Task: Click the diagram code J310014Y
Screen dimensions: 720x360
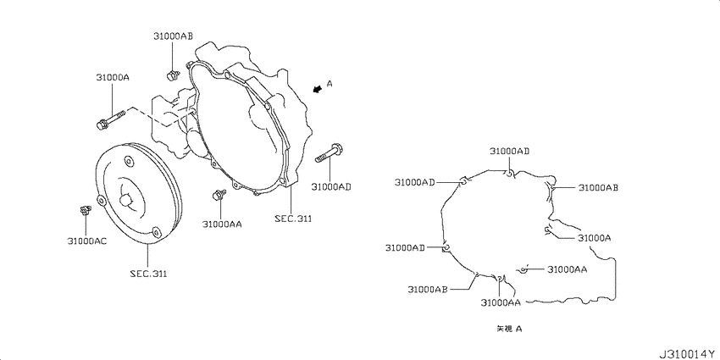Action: point(689,354)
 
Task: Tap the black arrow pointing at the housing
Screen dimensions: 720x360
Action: point(316,89)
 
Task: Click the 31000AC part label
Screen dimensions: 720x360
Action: point(86,241)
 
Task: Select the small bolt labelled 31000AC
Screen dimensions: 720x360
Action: point(85,210)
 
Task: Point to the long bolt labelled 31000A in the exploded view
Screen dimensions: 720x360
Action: point(111,118)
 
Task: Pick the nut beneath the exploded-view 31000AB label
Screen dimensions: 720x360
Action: point(172,75)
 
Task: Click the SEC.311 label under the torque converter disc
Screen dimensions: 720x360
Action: point(148,274)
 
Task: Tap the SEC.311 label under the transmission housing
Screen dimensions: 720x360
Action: point(293,219)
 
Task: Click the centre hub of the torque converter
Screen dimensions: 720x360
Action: point(126,200)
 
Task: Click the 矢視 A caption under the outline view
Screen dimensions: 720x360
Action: point(509,329)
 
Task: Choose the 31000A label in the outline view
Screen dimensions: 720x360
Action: point(594,238)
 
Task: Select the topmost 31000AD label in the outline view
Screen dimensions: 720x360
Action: point(510,151)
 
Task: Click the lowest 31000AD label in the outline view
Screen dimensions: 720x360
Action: point(405,248)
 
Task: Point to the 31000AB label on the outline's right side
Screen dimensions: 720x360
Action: point(598,187)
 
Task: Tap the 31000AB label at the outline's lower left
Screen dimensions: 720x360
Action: point(428,290)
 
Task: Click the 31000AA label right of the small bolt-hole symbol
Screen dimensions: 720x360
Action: point(567,269)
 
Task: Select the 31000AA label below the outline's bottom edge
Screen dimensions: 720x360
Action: point(501,302)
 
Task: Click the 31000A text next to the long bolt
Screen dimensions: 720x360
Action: point(113,78)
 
